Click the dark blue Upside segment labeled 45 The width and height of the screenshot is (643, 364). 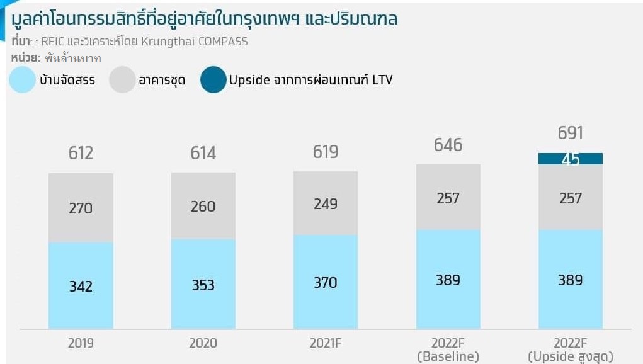[x=570, y=159]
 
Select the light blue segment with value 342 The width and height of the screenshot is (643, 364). [x=81, y=286]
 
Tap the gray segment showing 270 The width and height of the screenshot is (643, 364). [x=81, y=208]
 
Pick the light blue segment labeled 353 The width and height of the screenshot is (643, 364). [x=203, y=284]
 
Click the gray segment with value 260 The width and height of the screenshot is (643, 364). [x=203, y=206]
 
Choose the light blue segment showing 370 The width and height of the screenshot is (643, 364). [x=326, y=282]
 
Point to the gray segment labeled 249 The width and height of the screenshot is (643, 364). [x=326, y=203]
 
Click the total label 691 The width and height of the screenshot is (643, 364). [x=570, y=134]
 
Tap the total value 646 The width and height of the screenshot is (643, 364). [x=448, y=145]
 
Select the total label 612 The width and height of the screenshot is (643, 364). [x=81, y=153]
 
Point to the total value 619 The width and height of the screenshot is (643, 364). [x=326, y=152]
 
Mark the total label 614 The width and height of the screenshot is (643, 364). [x=203, y=153]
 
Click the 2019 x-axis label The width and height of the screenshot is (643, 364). [x=81, y=343]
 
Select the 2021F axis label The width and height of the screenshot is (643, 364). [x=326, y=343]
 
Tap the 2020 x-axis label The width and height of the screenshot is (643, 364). [x=203, y=343]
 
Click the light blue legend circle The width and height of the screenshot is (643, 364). [x=23, y=81]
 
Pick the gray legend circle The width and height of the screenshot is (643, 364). [x=122, y=81]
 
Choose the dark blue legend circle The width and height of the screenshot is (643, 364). [x=213, y=81]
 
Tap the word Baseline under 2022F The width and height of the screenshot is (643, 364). [x=448, y=356]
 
